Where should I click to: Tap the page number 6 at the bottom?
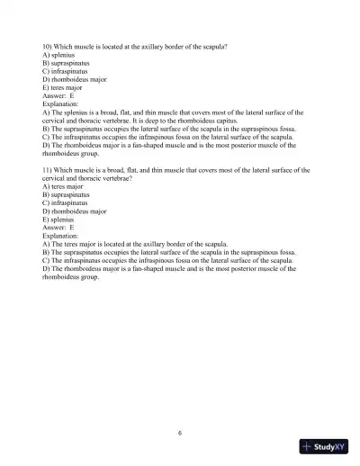pyautogui.click(x=180, y=433)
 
